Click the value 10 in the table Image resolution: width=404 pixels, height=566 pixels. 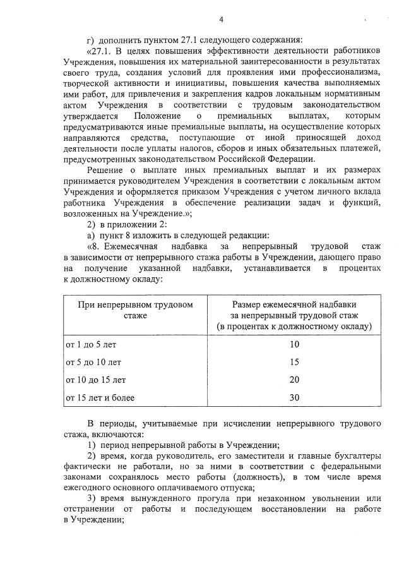coord(294,345)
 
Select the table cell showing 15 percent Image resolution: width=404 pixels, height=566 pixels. coord(294,363)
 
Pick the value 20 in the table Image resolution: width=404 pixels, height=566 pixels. coord(294,380)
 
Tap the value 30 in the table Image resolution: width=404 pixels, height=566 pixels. coord(294,398)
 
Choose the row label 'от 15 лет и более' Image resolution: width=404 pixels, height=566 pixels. coord(100,398)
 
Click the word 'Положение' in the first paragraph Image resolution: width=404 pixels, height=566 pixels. coord(157,116)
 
